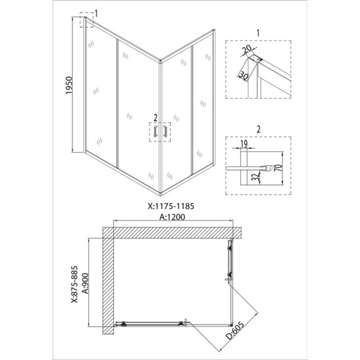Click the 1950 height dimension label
coord(69,85)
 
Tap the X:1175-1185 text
coord(171,206)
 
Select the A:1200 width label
coord(172,217)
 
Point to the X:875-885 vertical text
coord(74,284)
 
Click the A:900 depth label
coord(85,283)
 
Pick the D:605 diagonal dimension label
coord(235,330)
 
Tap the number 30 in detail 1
coord(244,76)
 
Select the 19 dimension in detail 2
coord(244,144)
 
